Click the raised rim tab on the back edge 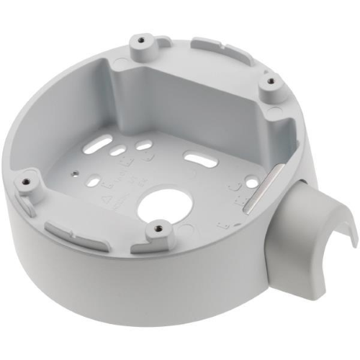(x=212, y=45)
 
